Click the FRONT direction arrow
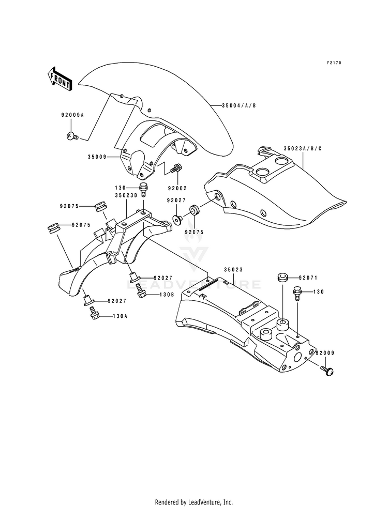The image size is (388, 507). [x=60, y=78]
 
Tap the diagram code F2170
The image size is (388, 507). [x=334, y=63]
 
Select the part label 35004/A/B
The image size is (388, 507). [x=239, y=105]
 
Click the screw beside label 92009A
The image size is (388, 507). [x=72, y=136]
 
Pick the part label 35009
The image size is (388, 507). [x=97, y=157]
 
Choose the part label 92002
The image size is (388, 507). [x=177, y=188]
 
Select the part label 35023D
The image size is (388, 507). [x=126, y=196]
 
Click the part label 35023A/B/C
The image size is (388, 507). [x=303, y=149]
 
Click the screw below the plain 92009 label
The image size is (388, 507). [x=327, y=371]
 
